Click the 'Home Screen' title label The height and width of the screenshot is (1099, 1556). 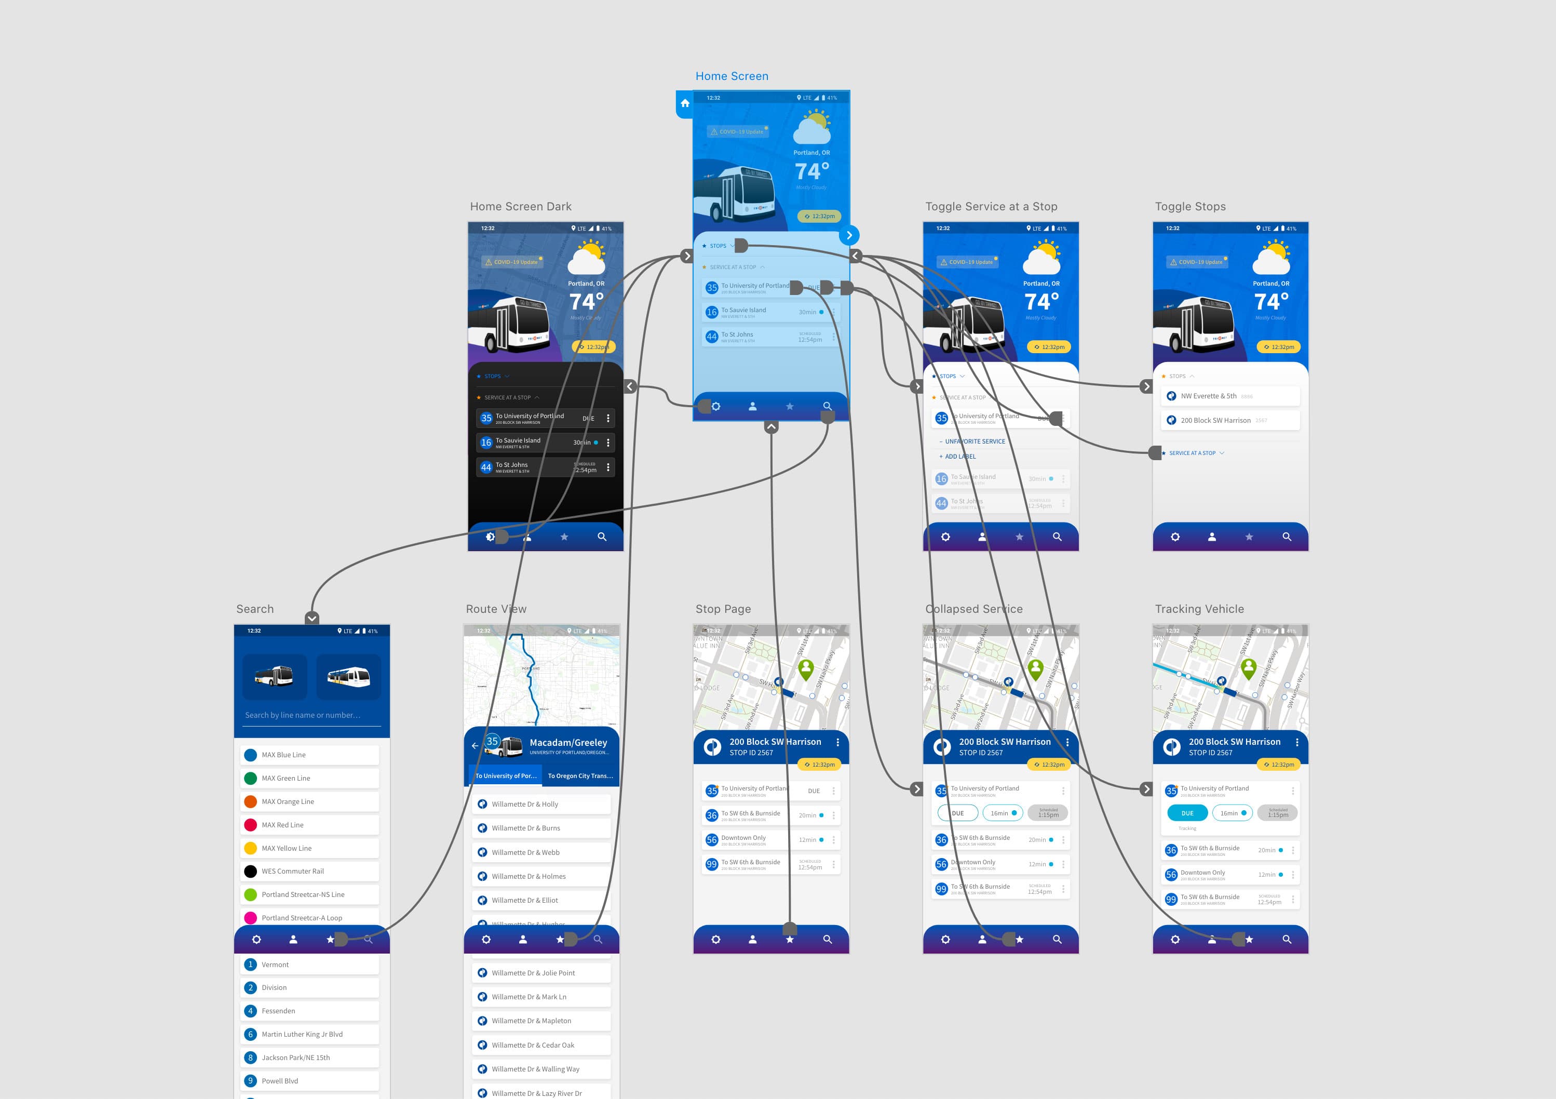pyautogui.click(x=731, y=76)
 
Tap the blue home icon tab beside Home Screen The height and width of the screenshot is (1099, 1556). pyautogui.click(x=684, y=104)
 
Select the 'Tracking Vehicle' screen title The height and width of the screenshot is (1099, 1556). pyautogui.click(x=1199, y=609)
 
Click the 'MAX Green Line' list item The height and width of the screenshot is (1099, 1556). pyautogui.click(x=286, y=779)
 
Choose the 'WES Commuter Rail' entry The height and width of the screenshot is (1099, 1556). pyautogui.click(x=293, y=871)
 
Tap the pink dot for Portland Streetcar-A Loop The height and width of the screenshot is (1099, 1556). pyautogui.click(x=250, y=918)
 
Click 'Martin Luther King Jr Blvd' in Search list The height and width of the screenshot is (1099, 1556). pyautogui.click(x=302, y=1034)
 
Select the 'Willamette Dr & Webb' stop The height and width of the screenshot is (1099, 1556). pyautogui.click(x=526, y=852)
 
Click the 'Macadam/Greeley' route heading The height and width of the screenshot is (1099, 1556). pyautogui.click(x=568, y=742)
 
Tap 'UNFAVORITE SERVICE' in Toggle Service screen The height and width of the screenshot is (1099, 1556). pyautogui.click(x=975, y=441)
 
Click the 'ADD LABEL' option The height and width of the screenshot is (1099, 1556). pyautogui.click(x=959, y=457)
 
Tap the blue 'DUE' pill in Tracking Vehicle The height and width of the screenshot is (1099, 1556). pyautogui.click(x=1187, y=813)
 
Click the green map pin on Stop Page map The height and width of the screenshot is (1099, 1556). pyautogui.click(x=806, y=668)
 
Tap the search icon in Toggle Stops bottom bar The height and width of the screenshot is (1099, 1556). pyautogui.click(x=1286, y=537)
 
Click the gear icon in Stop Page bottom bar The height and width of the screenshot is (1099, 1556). pyautogui.click(x=715, y=940)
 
